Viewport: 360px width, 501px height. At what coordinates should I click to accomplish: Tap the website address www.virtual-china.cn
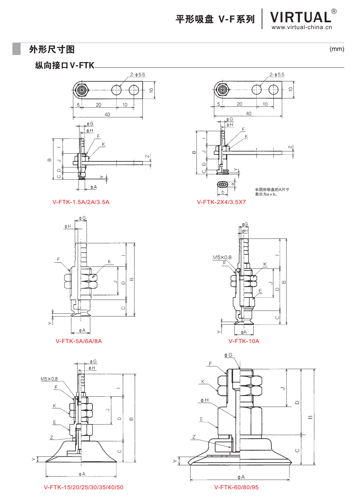(302, 27)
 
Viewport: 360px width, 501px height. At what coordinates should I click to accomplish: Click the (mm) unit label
(337, 49)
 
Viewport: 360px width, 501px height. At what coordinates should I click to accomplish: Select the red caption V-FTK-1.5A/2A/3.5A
(81, 202)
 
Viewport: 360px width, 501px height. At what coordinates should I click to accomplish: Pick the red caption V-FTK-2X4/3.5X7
(221, 202)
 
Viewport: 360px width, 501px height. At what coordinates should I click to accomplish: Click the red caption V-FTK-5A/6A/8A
(79, 341)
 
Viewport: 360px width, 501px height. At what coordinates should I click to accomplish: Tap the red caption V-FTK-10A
(244, 341)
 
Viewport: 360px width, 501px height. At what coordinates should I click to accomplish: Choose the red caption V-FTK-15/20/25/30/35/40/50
(83, 488)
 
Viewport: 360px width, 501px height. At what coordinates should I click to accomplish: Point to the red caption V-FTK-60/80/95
(236, 488)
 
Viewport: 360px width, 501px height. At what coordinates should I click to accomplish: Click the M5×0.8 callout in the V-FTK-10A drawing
(222, 258)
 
